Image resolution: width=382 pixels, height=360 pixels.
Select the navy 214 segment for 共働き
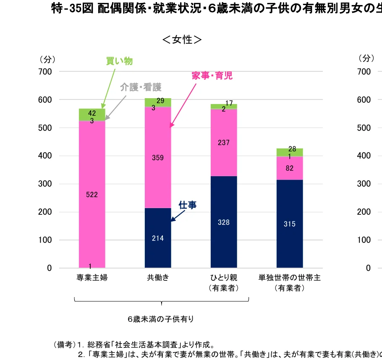pyautogui.click(x=158, y=238)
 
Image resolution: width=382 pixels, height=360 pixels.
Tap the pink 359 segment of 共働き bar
pyautogui.click(x=158, y=158)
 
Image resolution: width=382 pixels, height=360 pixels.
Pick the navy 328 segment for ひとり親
pyautogui.click(x=224, y=222)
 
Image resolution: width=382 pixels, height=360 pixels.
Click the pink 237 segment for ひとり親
pyautogui.click(x=224, y=143)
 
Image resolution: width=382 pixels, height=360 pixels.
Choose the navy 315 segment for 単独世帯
pyautogui.click(x=290, y=224)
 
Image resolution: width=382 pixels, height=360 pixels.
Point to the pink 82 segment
pyautogui.click(x=290, y=168)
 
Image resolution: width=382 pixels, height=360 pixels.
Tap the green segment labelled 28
pyautogui.click(x=290, y=151)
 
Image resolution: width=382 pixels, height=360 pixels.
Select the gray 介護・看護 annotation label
pyautogui.click(x=141, y=87)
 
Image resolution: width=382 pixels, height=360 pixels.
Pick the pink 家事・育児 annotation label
pyautogui.click(x=212, y=76)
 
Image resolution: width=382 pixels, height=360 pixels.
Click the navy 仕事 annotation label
pyautogui.click(x=188, y=205)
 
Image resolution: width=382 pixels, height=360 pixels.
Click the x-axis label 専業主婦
pyautogui.click(x=92, y=278)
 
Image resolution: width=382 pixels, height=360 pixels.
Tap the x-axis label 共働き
pyautogui.click(x=158, y=278)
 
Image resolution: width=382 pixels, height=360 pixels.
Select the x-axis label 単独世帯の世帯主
pyautogui.click(x=290, y=278)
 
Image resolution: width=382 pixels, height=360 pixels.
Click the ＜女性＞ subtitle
pyautogui.click(x=182, y=40)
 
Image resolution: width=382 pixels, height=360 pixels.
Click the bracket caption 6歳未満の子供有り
pyautogui.click(x=162, y=319)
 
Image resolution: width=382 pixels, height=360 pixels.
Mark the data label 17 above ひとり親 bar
pyautogui.click(x=229, y=103)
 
